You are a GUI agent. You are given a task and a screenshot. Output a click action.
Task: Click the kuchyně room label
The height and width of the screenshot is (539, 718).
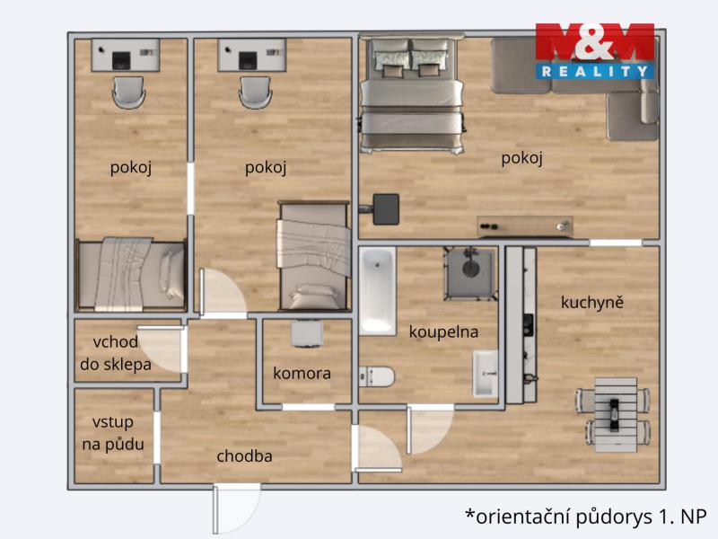(592, 303)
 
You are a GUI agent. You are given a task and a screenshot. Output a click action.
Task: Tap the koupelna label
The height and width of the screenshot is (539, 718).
(443, 331)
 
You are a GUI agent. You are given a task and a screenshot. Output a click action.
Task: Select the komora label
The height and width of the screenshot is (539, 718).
(302, 373)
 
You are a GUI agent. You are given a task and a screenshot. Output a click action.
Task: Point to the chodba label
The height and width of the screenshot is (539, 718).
(244, 456)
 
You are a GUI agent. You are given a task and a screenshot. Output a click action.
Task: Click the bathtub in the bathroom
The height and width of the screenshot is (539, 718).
(377, 291)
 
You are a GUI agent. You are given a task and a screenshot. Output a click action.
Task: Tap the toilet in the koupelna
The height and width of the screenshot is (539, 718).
(376, 376)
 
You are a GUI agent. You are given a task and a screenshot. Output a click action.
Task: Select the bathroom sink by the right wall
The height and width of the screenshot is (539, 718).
(486, 373)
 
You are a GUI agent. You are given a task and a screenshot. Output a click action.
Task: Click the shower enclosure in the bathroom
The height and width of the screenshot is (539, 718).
(470, 274)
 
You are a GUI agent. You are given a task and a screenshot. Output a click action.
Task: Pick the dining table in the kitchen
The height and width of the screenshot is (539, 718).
(614, 415)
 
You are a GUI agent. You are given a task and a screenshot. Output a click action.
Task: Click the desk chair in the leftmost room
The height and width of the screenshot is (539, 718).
(128, 93)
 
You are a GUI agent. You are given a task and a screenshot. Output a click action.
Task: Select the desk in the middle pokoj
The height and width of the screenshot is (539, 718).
(252, 55)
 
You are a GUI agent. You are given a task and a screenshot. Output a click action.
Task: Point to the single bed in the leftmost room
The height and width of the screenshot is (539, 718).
(131, 275)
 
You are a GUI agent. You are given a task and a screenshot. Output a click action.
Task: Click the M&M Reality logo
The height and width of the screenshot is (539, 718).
(594, 51)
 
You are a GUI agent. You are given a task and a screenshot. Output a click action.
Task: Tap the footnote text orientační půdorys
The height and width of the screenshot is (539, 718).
(586, 517)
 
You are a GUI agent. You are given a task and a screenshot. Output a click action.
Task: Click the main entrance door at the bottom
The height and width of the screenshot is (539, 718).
(236, 508)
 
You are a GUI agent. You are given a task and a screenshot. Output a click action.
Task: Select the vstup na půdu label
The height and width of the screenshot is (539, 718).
(113, 433)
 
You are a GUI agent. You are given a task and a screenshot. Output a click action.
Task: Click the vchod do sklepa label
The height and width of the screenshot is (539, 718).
(116, 353)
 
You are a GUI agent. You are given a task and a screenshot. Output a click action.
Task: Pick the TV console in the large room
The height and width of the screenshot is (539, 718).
(525, 226)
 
